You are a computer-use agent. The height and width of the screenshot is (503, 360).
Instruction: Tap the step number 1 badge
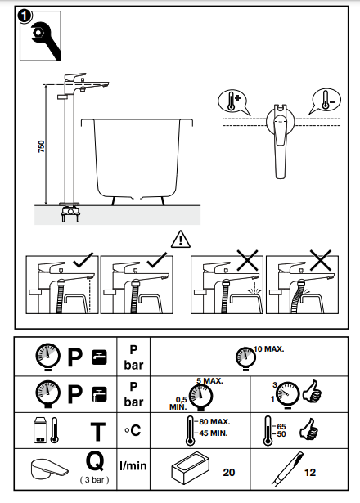tap(25, 16)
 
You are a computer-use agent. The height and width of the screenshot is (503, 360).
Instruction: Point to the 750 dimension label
tap(42, 146)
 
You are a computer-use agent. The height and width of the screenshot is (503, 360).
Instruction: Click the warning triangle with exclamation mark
tap(181, 239)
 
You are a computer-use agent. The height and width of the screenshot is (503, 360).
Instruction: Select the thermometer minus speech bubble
tap(325, 101)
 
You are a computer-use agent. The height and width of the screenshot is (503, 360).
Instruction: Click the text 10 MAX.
tap(269, 349)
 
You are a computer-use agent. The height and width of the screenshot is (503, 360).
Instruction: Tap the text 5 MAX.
tap(209, 381)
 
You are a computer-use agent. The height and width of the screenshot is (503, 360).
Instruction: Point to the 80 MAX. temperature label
tap(214, 421)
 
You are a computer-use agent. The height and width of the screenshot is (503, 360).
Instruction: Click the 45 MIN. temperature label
tap(214, 433)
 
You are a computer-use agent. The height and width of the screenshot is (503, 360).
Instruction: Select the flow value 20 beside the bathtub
tap(229, 472)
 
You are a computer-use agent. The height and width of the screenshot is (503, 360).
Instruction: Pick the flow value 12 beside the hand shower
tap(310, 472)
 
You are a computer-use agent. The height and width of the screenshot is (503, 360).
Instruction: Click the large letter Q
tap(95, 461)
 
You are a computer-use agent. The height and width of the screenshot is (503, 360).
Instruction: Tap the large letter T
tap(98, 432)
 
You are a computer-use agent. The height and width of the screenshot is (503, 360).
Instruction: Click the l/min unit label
tap(133, 466)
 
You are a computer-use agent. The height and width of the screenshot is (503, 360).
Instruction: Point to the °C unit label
tap(133, 430)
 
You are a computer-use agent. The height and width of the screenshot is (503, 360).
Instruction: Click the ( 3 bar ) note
tap(95, 480)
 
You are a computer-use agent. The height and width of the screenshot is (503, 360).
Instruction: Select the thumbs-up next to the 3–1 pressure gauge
tap(312, 392)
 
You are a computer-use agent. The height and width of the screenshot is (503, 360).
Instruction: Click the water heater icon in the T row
tap(40, 430)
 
